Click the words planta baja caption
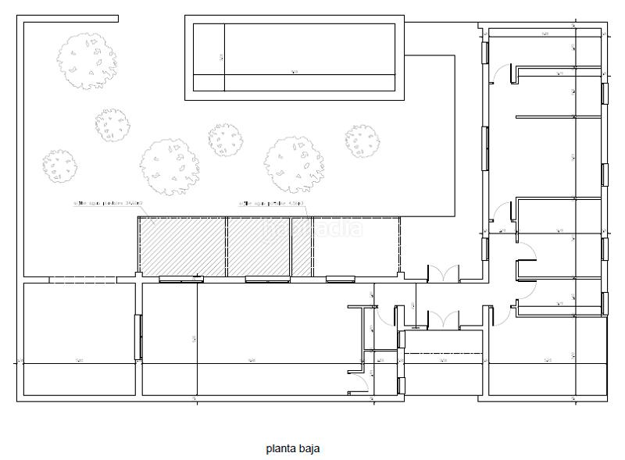click(x=292, y=448)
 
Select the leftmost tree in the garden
click(x=59, y=166)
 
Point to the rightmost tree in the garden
click(x=362, y=141)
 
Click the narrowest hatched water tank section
click(x=302, y=246)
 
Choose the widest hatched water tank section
click(x=183, y=246)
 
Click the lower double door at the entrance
click(x=441, y=320)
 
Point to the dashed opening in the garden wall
click(x=83, y=280)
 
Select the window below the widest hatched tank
click(x=180, y=278)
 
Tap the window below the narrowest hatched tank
click(x=340, y=278)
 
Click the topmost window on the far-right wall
click(x=604, y=91)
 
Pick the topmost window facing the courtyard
click(x=485, y=52)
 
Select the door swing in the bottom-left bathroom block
click(x=357, y=381)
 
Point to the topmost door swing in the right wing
click(x=498, y=74)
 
